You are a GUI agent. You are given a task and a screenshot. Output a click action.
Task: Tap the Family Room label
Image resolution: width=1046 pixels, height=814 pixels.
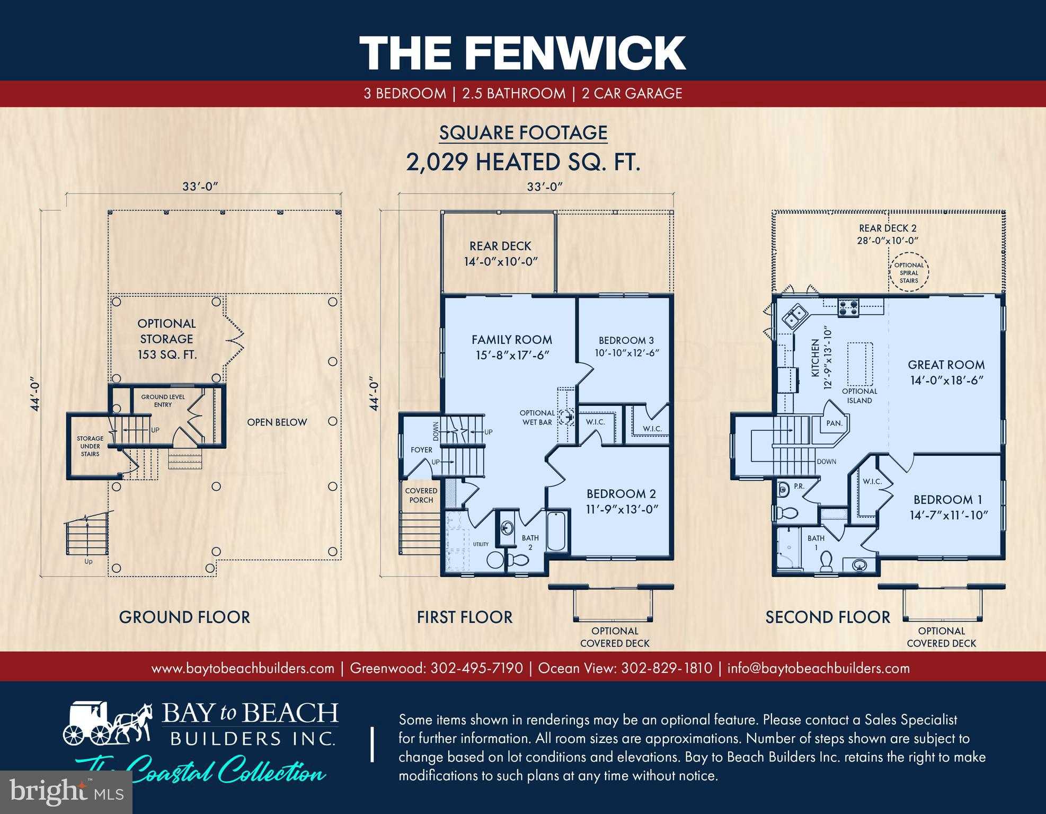512,340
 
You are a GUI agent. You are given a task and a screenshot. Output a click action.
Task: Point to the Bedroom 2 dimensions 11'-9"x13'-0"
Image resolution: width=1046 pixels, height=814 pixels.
622,509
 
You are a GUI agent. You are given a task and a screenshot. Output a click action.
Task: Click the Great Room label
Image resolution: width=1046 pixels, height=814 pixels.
946,365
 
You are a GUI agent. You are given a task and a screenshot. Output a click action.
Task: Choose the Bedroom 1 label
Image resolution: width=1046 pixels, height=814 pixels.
951,499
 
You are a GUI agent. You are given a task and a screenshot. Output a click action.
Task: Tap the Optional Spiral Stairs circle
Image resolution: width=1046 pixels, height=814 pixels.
909,273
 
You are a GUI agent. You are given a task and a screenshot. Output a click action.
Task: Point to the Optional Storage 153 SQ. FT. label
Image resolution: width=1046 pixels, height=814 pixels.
167,339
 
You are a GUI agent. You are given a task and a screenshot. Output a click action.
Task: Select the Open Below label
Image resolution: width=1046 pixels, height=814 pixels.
277,422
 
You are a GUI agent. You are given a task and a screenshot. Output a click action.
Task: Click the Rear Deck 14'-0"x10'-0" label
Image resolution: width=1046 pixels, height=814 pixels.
500,253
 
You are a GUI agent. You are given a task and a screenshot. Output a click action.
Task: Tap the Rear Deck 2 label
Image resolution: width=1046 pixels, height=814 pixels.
888,228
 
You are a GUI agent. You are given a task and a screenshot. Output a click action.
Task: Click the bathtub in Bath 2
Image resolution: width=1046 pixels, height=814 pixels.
556,531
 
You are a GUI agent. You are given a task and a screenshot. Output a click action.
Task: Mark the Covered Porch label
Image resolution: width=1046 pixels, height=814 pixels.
421,495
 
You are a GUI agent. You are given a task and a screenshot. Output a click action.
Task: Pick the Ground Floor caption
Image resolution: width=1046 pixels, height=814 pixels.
184,617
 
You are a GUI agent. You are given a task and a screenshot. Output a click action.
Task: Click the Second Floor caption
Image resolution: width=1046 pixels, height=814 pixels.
828,617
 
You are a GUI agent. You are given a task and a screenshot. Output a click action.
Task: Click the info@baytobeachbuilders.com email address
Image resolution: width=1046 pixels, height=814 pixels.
819,668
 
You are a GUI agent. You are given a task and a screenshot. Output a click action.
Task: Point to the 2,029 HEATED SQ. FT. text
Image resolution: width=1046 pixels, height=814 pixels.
524,162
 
